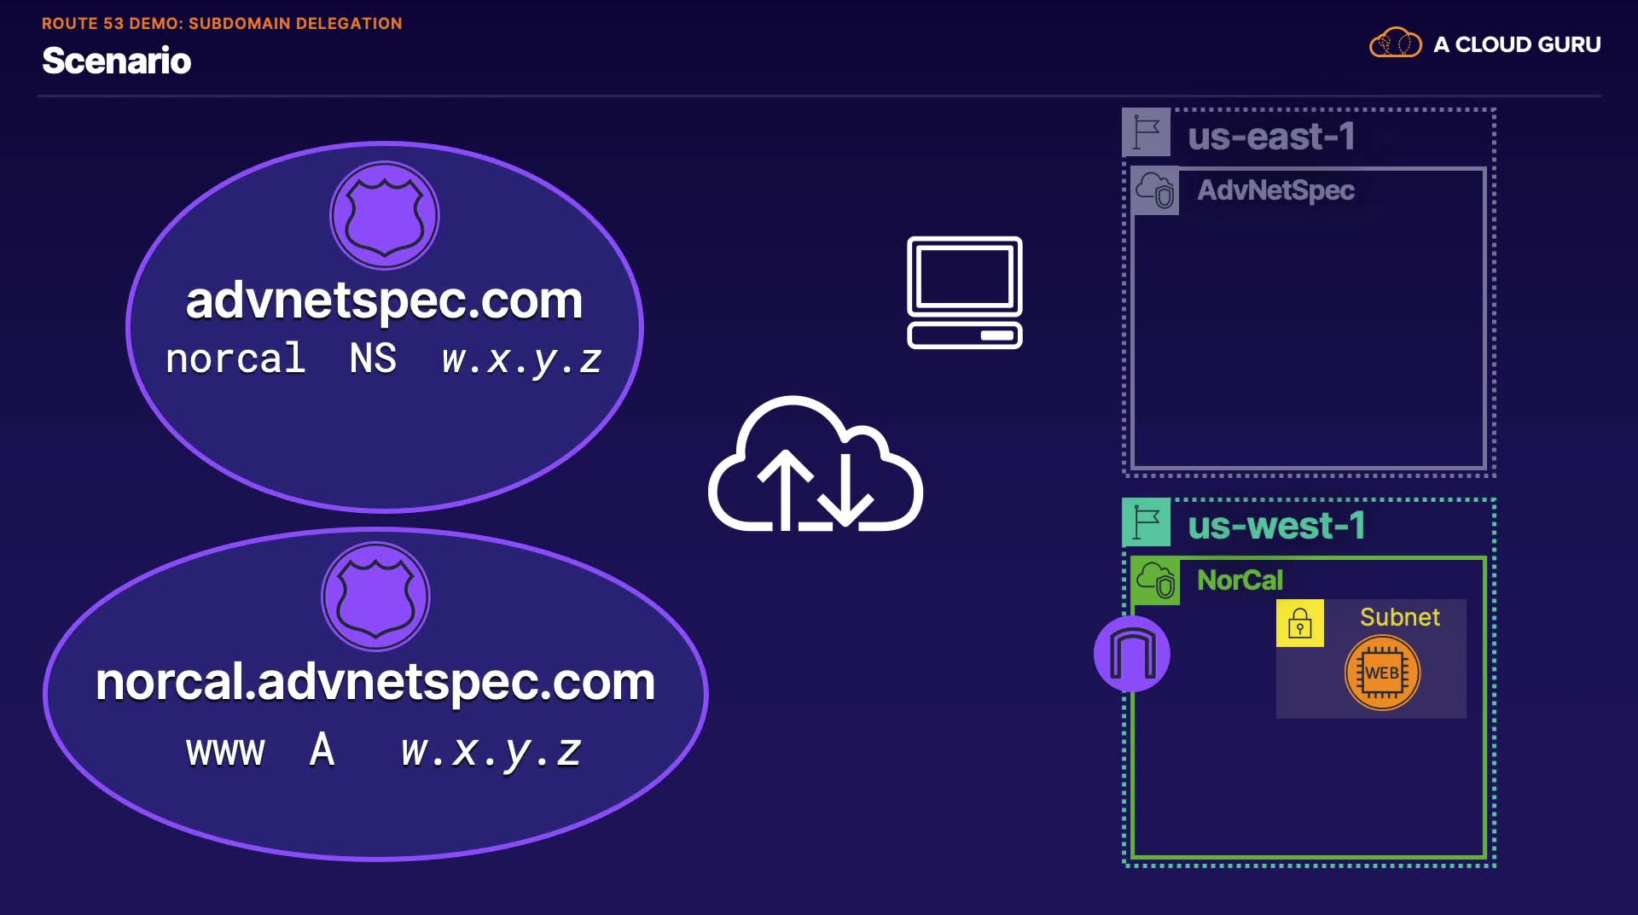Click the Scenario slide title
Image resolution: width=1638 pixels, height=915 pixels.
[117, 61]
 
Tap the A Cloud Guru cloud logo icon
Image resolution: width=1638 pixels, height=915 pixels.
[1395, 43]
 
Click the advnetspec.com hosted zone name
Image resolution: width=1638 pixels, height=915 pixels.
[384, 300]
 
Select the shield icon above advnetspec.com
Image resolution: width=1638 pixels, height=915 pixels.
[385, 215]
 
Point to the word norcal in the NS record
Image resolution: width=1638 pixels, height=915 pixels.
[235, 358]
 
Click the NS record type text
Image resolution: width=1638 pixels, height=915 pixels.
[373, 358]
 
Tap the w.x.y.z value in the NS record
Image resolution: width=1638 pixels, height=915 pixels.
[522, 359]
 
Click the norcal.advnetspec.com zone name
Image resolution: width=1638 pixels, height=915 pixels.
[375, 682]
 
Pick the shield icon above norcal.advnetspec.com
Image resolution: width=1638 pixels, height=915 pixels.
[375, 596]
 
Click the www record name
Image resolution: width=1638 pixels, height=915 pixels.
[226, 751]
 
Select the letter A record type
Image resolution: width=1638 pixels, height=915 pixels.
[322, 749]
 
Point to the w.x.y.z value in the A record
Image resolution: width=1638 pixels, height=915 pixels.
[491, 751]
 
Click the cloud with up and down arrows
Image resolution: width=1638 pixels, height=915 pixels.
[815, 464]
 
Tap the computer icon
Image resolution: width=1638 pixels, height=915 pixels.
[965, 293]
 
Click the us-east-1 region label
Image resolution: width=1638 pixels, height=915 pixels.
[1271, 137]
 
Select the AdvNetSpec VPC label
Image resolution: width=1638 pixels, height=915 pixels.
[1275, 189]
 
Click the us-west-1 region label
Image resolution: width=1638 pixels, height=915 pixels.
[1276, 526]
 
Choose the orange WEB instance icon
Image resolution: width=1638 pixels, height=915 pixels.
[1382, 673]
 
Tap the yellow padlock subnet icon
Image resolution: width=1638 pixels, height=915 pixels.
[1300, 623]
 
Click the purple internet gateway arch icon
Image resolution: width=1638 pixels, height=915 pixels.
[1132, 654]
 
